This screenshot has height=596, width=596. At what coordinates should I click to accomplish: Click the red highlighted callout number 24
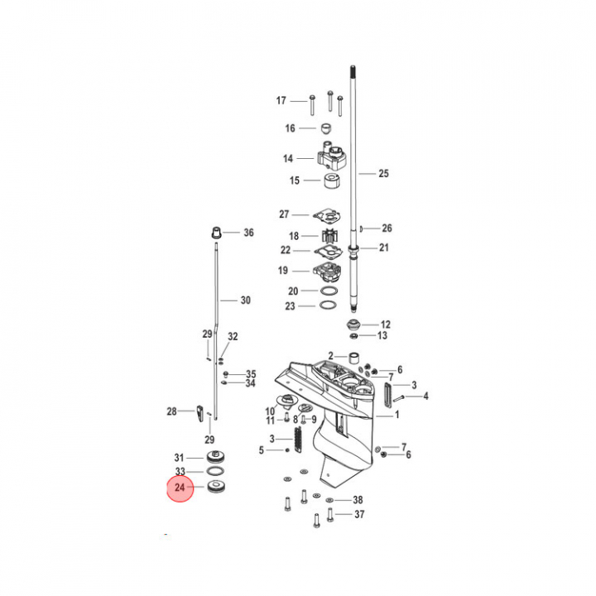[x=180, y=488]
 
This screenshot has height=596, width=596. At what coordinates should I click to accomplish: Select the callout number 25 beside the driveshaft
[x=383, y=174]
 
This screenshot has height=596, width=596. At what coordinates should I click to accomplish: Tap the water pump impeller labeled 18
[x=330, y=236]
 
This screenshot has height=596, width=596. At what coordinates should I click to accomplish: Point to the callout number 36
[x=248, y=233]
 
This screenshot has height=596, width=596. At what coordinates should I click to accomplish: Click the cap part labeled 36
[x=216, y=233]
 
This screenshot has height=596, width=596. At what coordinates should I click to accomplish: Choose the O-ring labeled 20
[x=329, y=291]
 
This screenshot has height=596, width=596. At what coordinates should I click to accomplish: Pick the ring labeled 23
[x=328, y=305]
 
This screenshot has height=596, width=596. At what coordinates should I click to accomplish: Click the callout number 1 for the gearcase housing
[x=397, y=415]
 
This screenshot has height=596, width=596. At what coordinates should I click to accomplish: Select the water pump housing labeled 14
[x=331, y=156]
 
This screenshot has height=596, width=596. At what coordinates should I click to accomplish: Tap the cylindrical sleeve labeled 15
[x=332, y=181]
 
